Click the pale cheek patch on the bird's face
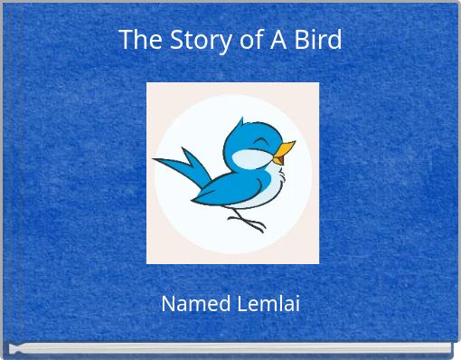(x=249, y=160)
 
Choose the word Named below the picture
(x=194, y=304)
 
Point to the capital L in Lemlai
(x=240, y=304)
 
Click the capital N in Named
(x=167, y=304)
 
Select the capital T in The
(x=125, y=41)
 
